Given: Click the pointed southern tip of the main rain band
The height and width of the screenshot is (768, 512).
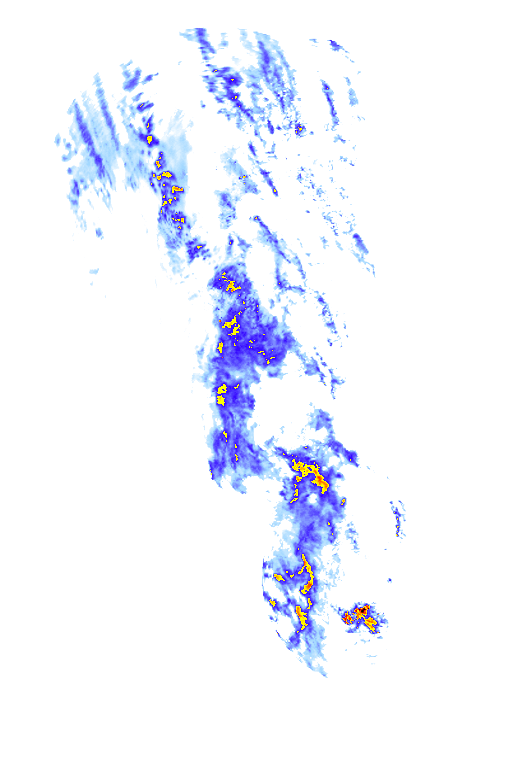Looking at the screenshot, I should (x=322, y=672).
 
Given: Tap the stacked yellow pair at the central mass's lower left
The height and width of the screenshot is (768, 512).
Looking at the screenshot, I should (x=222, y=393).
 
